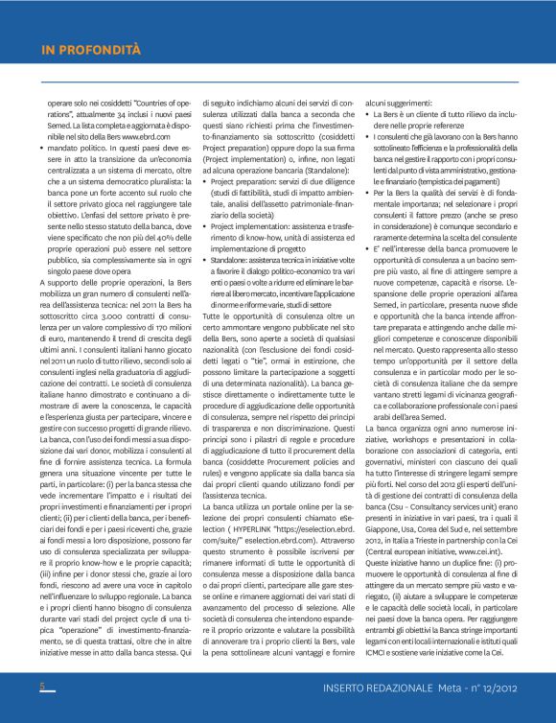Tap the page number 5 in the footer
click(x=42, y=687)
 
